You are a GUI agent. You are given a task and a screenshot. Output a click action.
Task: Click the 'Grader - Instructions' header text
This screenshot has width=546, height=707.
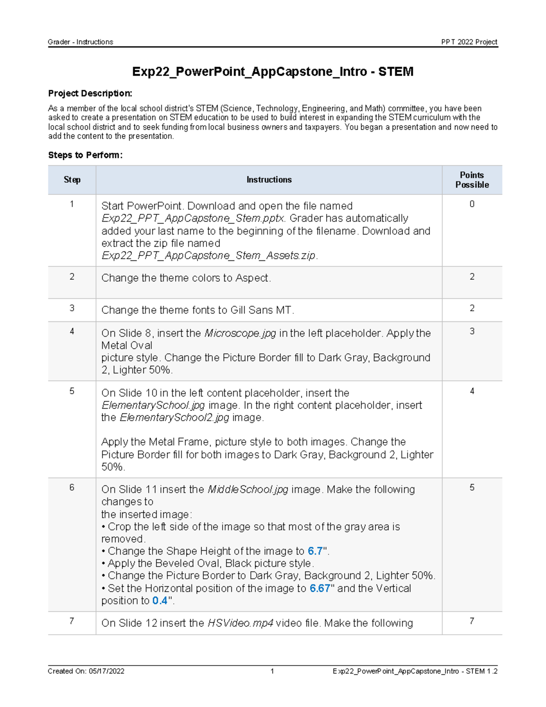tap(81, 42)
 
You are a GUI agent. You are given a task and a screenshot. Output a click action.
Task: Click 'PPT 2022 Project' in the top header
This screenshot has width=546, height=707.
tap(469, 42)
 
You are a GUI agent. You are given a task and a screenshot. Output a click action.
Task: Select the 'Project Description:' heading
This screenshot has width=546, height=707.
tap(90, 93)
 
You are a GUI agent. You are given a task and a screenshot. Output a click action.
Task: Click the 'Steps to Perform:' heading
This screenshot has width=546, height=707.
tap(85, 155)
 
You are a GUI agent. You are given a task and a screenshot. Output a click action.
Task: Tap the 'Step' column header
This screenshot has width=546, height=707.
tap(72, 180)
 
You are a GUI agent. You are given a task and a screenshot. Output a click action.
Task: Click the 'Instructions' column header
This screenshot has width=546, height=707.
tap(269, 180)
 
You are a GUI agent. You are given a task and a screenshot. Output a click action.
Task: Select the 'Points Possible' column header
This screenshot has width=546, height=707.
tap(472, 180)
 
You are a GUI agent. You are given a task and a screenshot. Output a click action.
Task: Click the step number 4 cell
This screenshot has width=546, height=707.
tap(72, 331)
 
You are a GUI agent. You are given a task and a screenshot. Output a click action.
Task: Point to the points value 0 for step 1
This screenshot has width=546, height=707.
tap(472, 204)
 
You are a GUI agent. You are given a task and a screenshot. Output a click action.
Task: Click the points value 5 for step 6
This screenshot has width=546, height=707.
tap(472, 488)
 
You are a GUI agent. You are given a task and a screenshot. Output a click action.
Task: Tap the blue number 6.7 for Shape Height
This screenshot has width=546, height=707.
tap(315, 551)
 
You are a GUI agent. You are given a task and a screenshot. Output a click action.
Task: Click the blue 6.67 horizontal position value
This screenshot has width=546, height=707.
tap(320, 588)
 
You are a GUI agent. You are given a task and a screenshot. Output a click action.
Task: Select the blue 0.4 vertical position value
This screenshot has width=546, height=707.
tap(160, 600)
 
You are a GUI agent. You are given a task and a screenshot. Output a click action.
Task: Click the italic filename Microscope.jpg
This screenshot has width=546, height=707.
tap(240, 333)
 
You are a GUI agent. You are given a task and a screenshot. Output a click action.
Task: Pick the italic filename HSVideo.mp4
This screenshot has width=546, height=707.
tap(240, 623)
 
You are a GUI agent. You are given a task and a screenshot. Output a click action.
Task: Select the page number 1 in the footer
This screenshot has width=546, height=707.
tap(272, 671)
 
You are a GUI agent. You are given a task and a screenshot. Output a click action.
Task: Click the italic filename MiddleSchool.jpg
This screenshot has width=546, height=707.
tap(248, 489)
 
